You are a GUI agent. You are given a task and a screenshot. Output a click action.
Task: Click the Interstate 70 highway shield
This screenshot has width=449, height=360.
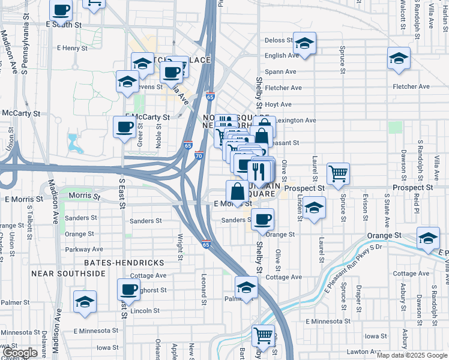click(x=199, y=155)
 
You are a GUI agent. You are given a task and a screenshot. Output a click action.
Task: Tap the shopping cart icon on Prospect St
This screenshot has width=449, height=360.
click(x=339, y=173)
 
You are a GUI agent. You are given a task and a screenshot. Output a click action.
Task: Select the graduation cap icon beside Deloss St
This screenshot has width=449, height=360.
click(x=304, y=43)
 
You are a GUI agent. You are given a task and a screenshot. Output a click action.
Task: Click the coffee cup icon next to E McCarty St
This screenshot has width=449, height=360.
click(x=125, y=127)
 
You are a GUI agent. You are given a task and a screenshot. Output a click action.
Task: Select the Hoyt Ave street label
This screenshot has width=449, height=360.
click(x=278, y=104)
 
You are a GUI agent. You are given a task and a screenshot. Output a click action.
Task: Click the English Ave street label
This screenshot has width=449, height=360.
click(x=282, y=56)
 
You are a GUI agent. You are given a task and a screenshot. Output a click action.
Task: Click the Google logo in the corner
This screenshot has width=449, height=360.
click(x=20, y=353)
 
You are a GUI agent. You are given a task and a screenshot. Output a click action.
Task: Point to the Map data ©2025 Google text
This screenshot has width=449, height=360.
click(x=411, y=355)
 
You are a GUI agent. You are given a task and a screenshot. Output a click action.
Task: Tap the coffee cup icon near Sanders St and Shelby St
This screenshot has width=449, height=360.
click(x=262, y=220)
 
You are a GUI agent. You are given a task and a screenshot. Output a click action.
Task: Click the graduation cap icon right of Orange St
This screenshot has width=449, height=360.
click(x=428, y=239)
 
